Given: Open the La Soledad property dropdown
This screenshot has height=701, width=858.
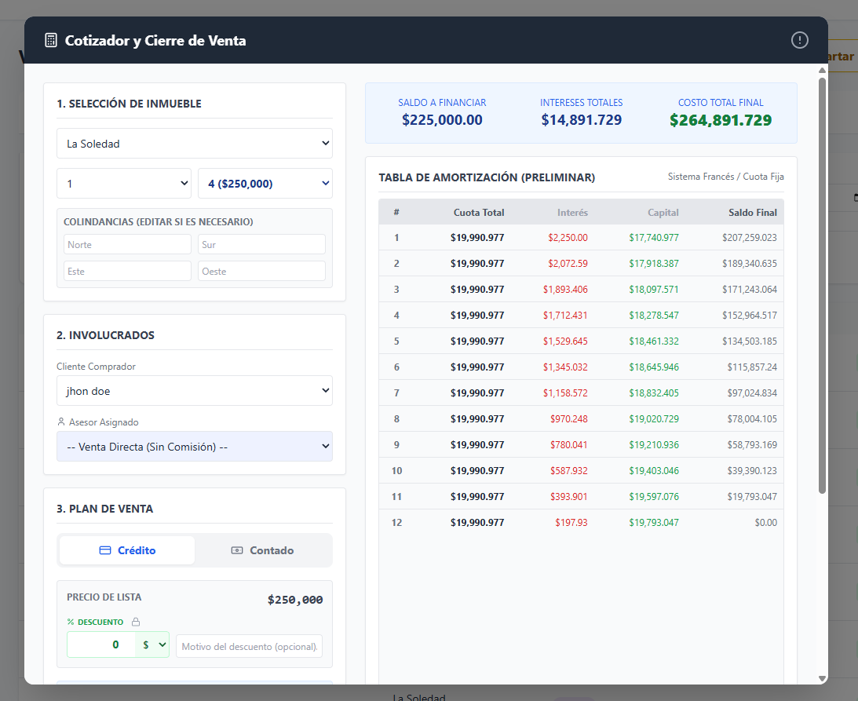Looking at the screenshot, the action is pos(194,144).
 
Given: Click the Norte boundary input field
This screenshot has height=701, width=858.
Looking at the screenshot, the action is pos(127,245).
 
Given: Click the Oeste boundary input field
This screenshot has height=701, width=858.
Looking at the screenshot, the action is pos(261,272).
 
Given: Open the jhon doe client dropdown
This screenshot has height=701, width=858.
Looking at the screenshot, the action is pos(194,391).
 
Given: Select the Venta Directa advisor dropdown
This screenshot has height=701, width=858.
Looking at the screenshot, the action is pos(194,447).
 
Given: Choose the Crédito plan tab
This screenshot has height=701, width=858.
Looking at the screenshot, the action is pos(127,550).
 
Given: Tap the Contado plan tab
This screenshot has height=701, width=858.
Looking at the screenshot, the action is pos(263,550).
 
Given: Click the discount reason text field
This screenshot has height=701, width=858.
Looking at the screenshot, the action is pos(249,646).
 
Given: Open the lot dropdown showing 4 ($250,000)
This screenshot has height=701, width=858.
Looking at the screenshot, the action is pos(265,184).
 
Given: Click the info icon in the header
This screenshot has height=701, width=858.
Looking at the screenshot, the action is pos(799,40).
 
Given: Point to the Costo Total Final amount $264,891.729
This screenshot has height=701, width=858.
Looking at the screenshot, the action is pos(721,120).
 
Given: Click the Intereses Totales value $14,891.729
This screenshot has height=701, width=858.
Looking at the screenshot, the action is pos(582,120).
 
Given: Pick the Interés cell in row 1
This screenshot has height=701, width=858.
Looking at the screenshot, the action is pos(568,238).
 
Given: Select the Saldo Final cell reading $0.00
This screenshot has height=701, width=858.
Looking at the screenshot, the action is pos(766,523).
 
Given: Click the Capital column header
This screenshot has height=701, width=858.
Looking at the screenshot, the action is pos(663,212).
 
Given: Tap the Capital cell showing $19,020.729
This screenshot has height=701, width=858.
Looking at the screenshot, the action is pos(654,419).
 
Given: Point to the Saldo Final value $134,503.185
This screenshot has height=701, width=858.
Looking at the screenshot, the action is pos(750,341).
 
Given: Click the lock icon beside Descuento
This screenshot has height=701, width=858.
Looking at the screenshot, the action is pos(136,622).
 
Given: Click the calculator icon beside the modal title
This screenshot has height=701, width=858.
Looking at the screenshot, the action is pos(51,41).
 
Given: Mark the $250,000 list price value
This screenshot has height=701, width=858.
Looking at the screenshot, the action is pos(295,600).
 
